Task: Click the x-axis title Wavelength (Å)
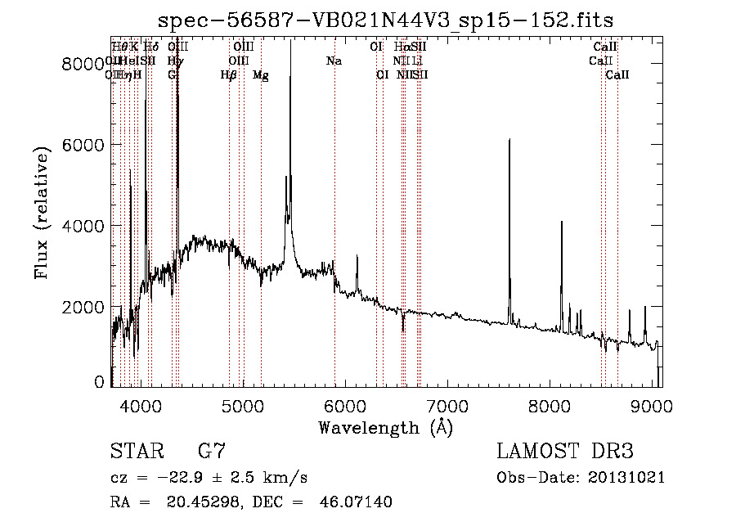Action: click(385, 427)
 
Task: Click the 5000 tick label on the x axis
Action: click(243, 405)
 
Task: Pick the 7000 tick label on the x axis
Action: click(447, 405)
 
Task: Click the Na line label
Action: click(334, 61)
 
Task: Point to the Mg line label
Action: click(261, 75)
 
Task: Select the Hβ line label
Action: click(229, 75)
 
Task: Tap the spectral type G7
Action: click(212, 452)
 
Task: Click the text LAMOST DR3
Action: click(565, 452)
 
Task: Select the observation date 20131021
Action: click(627, 477)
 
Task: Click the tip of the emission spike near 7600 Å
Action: click(509, 140)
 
